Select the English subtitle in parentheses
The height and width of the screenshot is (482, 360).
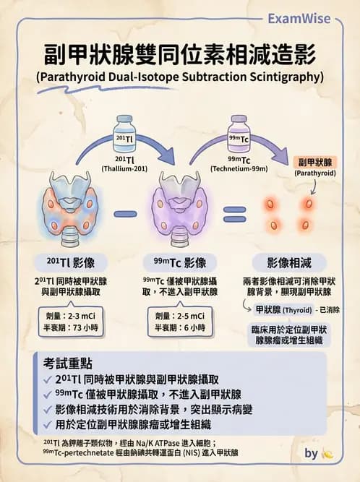(179, 77)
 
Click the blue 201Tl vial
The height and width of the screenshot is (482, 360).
(125, 134)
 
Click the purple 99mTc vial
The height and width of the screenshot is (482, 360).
(239, 134)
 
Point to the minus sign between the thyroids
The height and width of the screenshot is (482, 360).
(126, 213)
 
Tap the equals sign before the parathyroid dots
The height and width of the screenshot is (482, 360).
(233, 213)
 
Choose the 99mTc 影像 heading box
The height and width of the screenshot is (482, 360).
(179, 262)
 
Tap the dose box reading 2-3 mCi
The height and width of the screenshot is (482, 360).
(65, 322)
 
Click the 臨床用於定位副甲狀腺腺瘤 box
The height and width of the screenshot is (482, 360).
(289, 334)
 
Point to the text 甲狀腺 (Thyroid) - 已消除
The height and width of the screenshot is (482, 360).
(296, 309)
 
